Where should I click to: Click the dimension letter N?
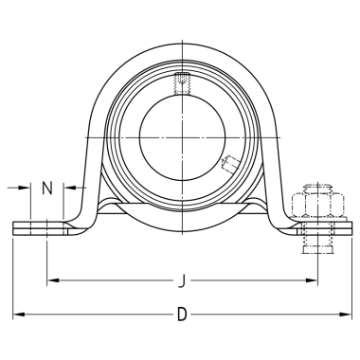pos(47,189)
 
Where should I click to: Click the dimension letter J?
pos(181,280)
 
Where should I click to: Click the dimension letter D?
pos(182,315)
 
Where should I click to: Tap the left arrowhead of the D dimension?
pos(18,315)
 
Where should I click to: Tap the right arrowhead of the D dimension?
pos(346,315)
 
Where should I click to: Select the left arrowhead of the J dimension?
pos(53,280)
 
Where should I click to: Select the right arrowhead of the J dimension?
pos(312,280)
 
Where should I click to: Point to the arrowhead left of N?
pos(25,188)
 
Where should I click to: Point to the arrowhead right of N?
pos(69,188)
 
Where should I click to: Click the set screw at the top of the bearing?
pos(182,83)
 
